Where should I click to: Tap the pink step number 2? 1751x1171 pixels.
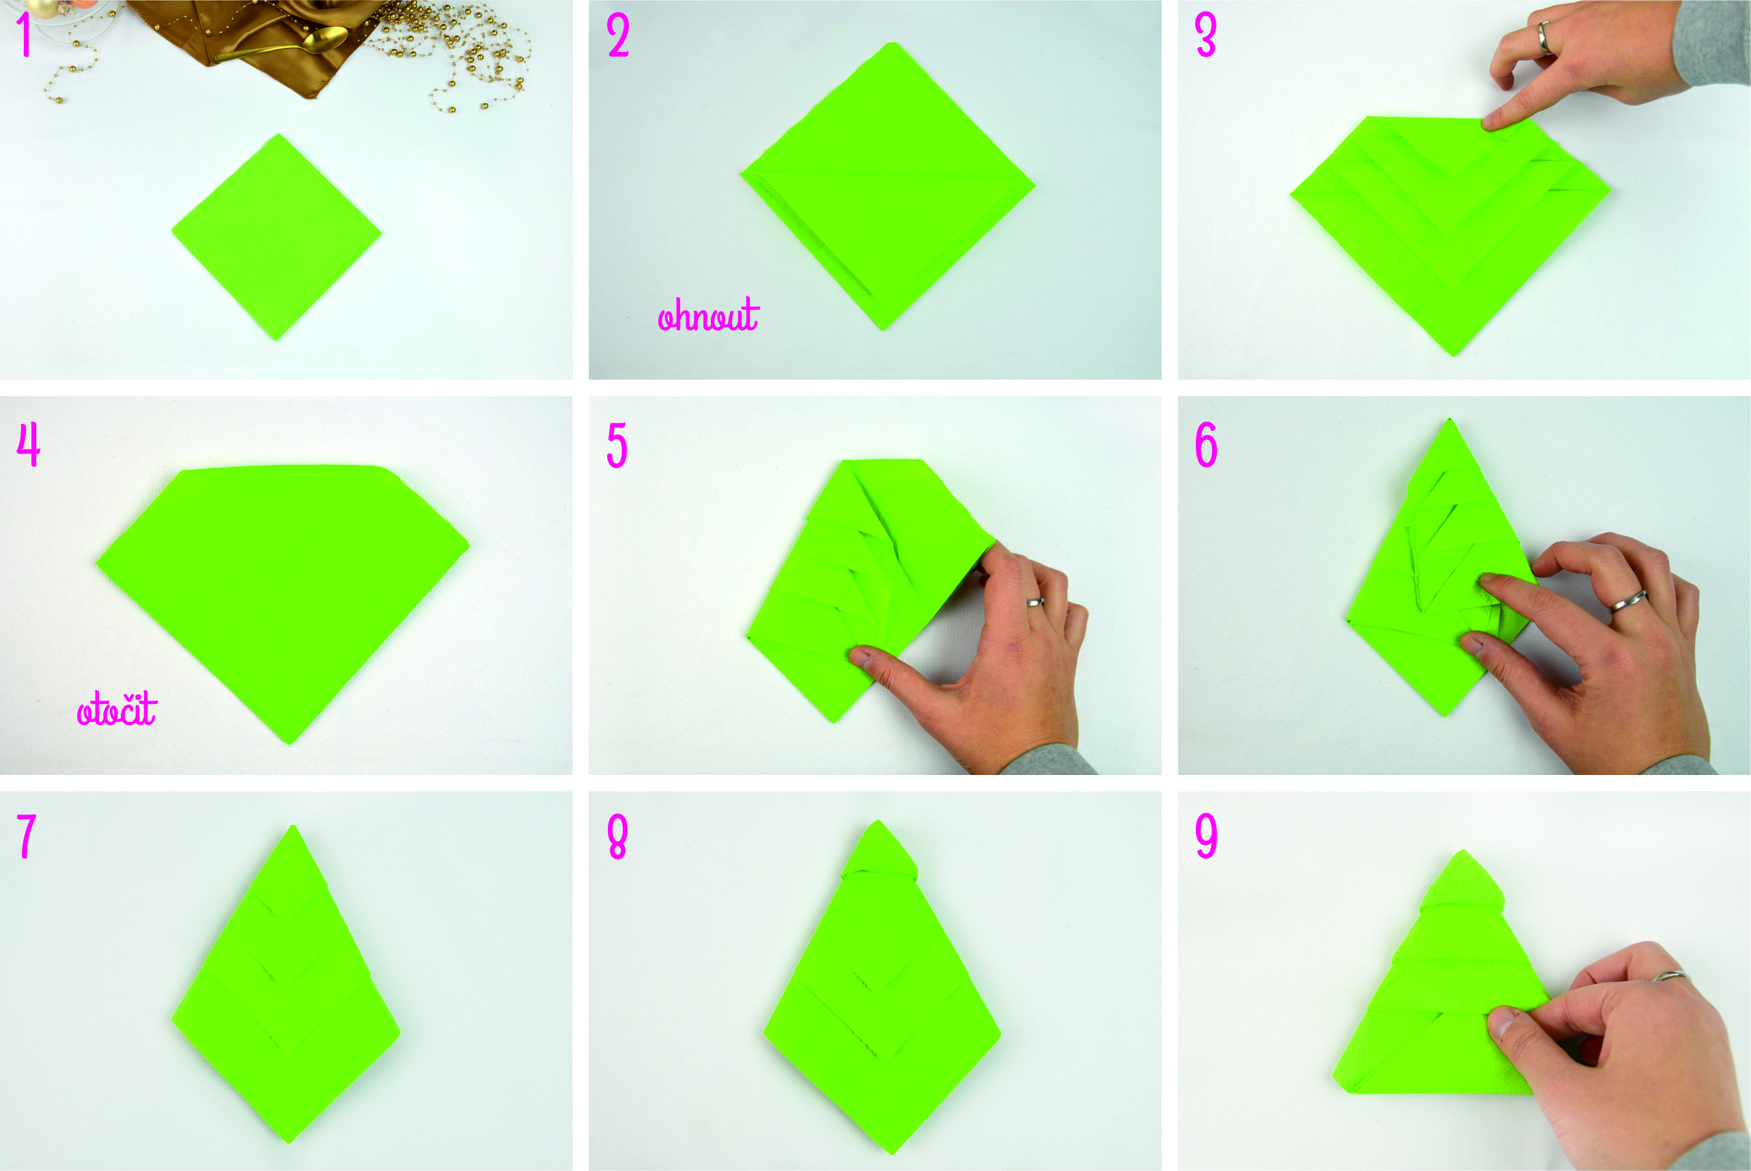(x=618, y=35)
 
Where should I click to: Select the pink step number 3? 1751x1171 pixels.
(x=1205, y=35)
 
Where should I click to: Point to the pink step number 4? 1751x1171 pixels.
(x=29, y=445)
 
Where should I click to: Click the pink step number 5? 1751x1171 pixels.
(x=617, y=445)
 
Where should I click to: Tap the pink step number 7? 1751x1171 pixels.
(x=27, y=836)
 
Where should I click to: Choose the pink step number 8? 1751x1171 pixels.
(x=617, y=836)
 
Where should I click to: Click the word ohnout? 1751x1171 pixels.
(x=708, y=315)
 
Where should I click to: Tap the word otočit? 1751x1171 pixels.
(x=117, y=708)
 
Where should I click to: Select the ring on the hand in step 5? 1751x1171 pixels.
(x=1035, y=602)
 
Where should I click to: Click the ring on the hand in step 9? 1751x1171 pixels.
(x=1669, y=975)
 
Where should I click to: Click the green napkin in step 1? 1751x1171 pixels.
(x=277, y=237)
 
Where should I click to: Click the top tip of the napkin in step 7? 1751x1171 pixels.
(x=294, y=826)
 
